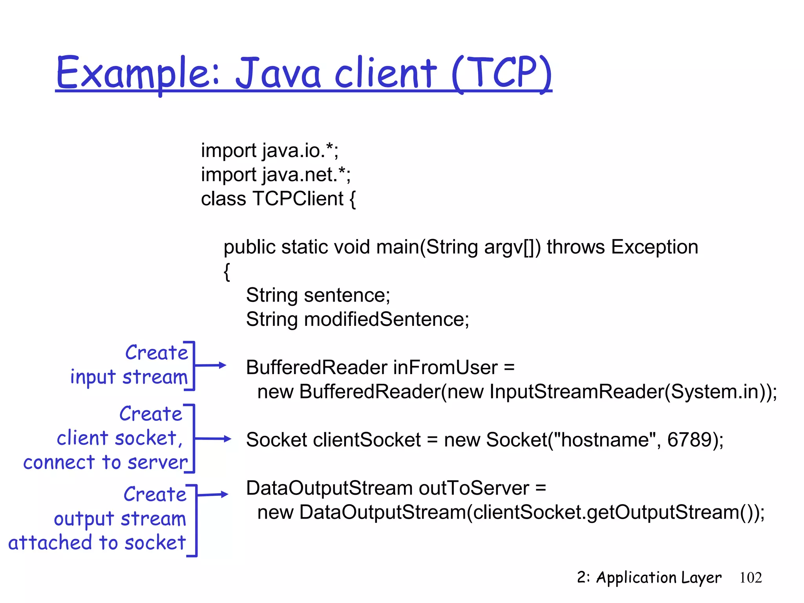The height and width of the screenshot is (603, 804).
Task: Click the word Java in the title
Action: (x=278, y=73)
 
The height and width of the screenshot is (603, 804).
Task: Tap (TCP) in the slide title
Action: (x=502, y=73)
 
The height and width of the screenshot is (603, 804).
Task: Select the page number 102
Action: (x=751, y=577)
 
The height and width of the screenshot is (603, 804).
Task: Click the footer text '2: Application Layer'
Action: (x=649, y=577)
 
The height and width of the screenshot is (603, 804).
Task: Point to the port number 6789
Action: (x=689, y=440)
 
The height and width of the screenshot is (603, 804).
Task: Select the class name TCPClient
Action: (x=298, y=199)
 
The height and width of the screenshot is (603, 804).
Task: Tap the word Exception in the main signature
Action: (x=654, y=247)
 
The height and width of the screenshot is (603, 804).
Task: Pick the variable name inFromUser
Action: (x=445, y=368)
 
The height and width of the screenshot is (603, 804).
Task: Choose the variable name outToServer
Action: (x=473, y=488)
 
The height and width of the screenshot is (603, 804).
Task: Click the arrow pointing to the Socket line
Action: (x=212, y=439)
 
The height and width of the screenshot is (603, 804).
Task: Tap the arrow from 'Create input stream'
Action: (x=210, y=365)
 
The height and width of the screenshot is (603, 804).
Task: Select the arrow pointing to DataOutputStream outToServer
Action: (x=212, y=495)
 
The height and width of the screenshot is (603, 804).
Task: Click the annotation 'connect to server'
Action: (x=105, y=462)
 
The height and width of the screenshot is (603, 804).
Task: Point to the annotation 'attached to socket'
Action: (x=97, y=543)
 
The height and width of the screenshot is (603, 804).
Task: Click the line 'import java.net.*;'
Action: (x=276, y=175)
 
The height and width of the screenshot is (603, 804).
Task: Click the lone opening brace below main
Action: (x=227, y=272)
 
